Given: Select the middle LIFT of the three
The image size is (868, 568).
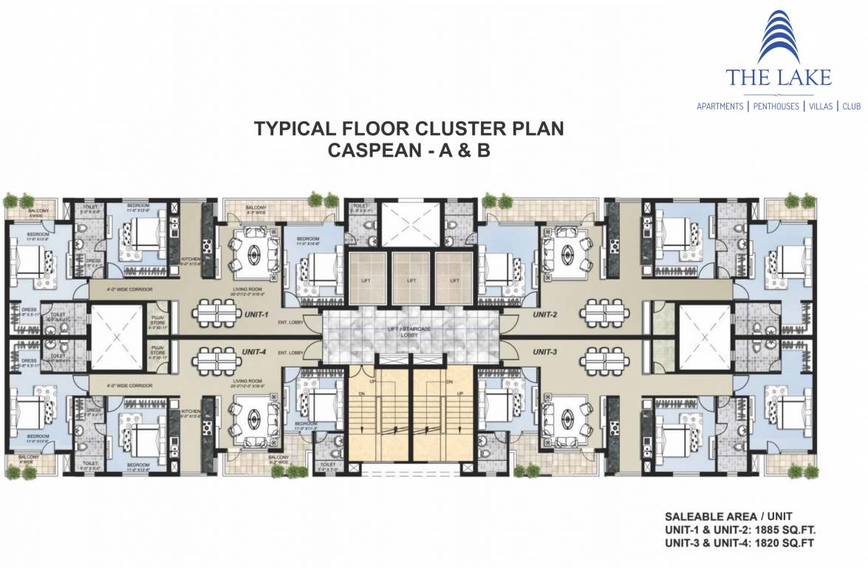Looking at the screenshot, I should (412, 281).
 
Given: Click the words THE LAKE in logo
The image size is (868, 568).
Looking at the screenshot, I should (778, 78).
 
